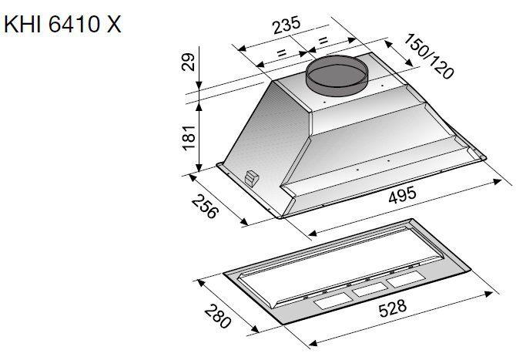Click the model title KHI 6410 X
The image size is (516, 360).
click(x=62, y=24)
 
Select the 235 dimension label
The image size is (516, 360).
click(x=286, y=25)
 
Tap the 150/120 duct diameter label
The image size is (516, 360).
click(x=429, y=56)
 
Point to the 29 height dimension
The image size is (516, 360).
click(x=189, y=62)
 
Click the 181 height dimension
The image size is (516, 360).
click(x=189, y=138)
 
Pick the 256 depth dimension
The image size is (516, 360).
click(x=205, y=206)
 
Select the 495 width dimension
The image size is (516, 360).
click(x=402, y=195)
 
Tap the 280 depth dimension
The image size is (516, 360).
click(x=217, y=317)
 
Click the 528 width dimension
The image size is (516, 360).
click(x=393, y=308)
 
